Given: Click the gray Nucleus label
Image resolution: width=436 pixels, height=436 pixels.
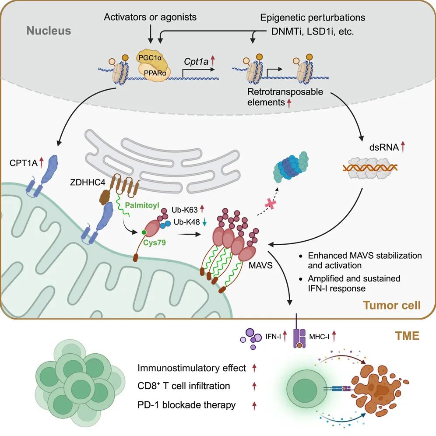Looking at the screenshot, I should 49,31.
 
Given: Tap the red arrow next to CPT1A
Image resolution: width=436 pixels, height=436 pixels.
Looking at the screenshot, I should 41,163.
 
